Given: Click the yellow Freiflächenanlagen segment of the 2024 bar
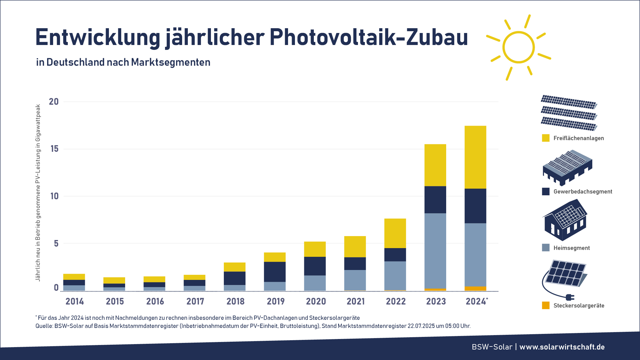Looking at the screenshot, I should point(475,157).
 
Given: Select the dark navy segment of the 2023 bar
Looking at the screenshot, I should point(435,200).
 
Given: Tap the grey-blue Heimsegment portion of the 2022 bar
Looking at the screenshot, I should point(395,275).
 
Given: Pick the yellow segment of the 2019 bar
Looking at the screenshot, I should point(275,257).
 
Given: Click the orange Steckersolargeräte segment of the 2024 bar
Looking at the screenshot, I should point(475,289).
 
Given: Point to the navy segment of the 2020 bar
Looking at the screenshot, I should point(315,266).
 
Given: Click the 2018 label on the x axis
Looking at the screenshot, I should point(235,301).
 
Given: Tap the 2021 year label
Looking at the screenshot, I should point(356,301).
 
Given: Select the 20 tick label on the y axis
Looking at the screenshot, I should point(54,102).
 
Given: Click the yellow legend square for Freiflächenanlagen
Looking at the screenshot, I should point(545,138).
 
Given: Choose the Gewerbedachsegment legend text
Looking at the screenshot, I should point(583,192).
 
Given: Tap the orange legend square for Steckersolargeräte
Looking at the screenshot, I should point(545,305).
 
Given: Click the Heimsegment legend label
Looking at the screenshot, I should point(572,248).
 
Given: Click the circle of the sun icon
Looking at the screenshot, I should point(518,47).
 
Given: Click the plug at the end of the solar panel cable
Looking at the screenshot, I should point(569,297).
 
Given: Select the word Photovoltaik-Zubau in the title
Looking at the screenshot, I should point(369,37).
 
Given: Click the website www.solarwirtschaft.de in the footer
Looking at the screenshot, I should point(562,347).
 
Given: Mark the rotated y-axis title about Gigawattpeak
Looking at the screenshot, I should point(38,193).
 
